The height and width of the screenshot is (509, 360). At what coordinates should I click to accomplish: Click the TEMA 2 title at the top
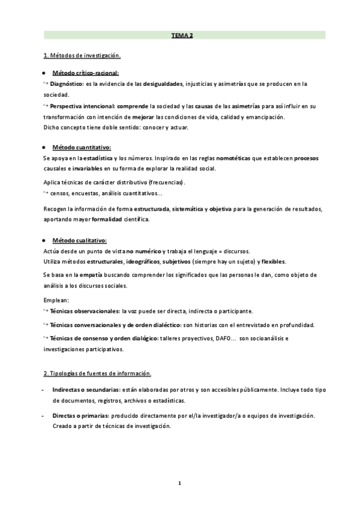183,36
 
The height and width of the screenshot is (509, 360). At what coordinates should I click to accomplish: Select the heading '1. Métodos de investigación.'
82,56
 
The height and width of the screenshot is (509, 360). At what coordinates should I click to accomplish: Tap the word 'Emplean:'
56,300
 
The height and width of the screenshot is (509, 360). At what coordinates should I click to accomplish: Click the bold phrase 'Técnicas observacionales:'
85,312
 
